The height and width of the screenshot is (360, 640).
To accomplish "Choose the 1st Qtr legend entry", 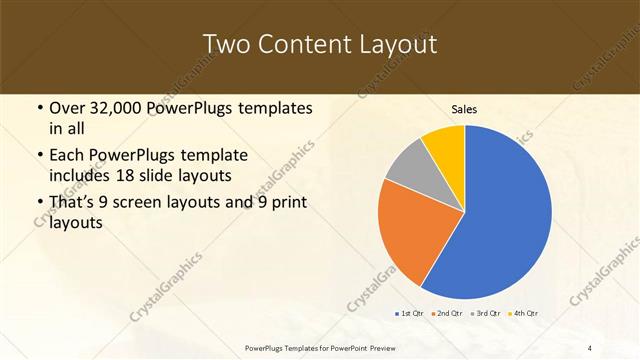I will tap(410, 314).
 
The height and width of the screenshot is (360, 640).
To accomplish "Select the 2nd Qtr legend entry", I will tap(447, 314).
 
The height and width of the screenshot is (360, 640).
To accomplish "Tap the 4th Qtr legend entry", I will tap(523, 314).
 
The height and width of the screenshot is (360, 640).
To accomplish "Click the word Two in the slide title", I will tap(225, 45).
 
